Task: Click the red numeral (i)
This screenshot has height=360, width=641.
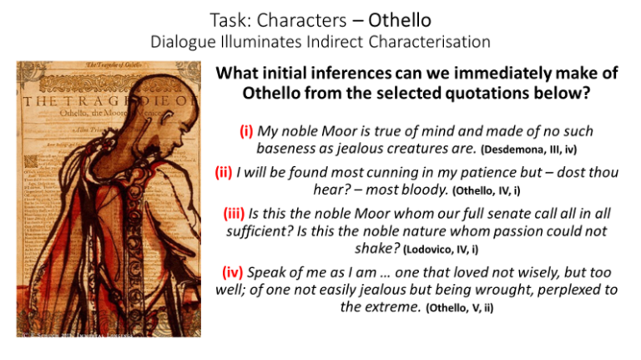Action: pos(243,131)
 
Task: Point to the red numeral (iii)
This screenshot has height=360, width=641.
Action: pos(238,215)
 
